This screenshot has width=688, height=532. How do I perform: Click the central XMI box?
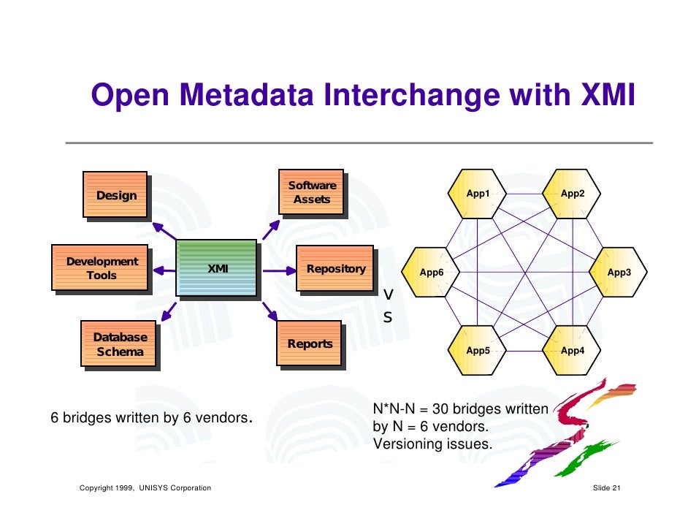217,269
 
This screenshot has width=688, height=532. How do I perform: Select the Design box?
115,195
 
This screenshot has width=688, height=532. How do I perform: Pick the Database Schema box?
118,344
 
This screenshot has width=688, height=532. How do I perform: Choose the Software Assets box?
311,192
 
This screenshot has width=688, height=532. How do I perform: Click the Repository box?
335,269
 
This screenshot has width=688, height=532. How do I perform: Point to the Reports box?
309,343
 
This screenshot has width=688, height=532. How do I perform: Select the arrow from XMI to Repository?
278,270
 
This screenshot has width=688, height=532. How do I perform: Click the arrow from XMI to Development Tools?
162,270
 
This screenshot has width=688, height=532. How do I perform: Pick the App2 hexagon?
572,194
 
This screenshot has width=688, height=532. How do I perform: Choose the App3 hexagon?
619,273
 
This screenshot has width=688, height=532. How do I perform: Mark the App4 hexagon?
572,350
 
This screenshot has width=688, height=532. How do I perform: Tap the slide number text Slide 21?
606,487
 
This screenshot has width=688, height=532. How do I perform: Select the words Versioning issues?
432,444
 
